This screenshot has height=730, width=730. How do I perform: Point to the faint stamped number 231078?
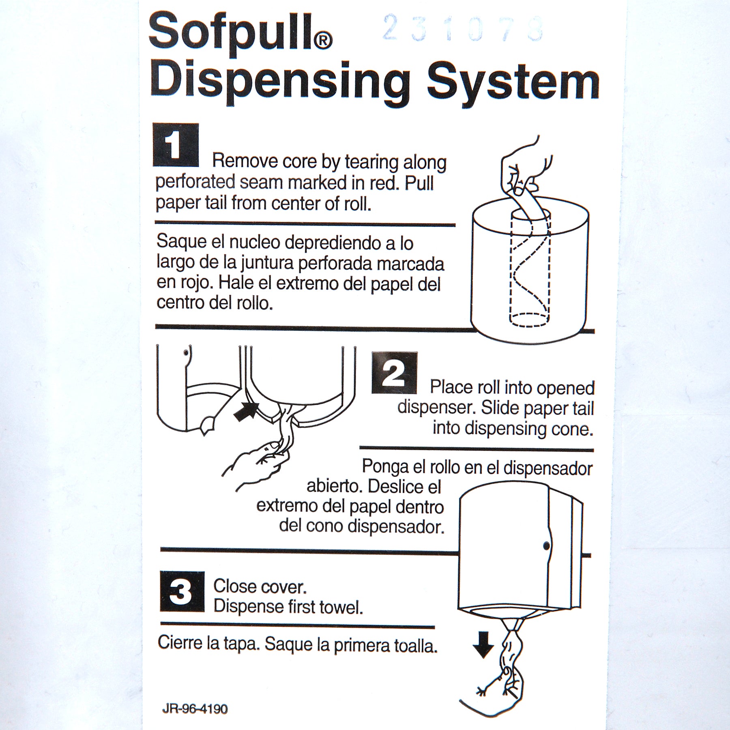click(462, 28)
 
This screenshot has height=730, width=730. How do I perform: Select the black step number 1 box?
click(176, 145)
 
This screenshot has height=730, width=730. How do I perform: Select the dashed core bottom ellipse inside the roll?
click(530, 320)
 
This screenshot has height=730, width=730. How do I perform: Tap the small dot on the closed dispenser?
click(546, 546)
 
